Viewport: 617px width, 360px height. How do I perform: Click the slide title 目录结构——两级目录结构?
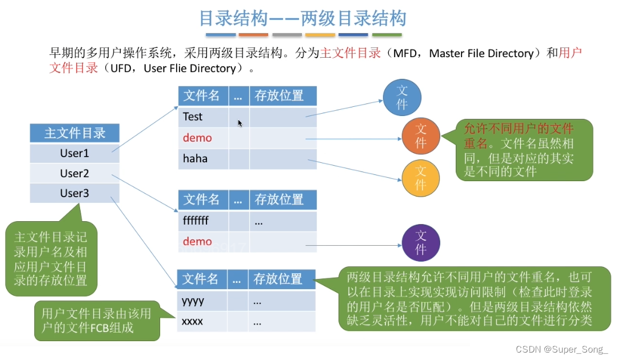[302, 19]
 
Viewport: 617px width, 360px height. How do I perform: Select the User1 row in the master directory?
[75, 154]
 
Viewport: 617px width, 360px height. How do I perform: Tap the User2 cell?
[75, 174]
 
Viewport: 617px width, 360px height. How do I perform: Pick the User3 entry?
[75, 193]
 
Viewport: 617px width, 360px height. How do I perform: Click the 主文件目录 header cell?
[75, 134]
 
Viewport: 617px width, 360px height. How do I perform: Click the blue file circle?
[402, 98]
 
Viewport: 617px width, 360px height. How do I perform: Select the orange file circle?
[421, 136]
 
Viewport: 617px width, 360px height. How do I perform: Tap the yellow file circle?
[421, 178]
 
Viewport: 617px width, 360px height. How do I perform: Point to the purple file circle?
[421, 243]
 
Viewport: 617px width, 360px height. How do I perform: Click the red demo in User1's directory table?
[197, 138]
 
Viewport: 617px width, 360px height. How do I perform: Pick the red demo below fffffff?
[197, 242]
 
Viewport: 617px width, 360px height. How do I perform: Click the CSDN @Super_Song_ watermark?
[561, 349]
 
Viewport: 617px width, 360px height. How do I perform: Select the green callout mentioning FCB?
[96, 321]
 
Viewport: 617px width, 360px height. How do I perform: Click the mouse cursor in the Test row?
[240, 122]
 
